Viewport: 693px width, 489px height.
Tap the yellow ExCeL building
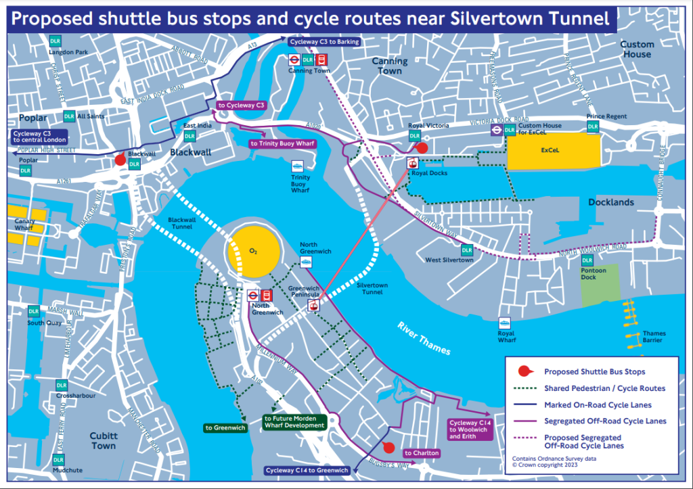point(554,151)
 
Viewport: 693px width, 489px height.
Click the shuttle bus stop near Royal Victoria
point(422,147)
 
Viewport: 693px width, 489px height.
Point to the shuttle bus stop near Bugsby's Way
point(388,446)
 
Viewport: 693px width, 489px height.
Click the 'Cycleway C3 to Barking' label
point(323,41)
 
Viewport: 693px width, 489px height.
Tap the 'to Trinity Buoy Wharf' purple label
point(282,143)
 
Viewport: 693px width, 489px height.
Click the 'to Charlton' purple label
point(422,452)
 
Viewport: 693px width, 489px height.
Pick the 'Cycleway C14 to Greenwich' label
point(307,470)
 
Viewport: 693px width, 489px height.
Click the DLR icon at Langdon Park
point(55,42)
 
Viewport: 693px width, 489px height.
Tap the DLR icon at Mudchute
point(60,460)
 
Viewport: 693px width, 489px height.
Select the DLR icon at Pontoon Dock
point(587,260)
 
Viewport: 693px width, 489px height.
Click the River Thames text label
point(424,337)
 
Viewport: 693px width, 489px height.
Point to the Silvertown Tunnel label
point(372,289)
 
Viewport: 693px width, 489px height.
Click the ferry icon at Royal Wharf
point(505,323)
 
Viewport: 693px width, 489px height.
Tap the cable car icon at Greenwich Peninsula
point(313,306)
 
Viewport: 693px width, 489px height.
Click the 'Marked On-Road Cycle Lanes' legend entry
point(598,405)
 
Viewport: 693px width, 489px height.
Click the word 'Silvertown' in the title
point(480,18)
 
